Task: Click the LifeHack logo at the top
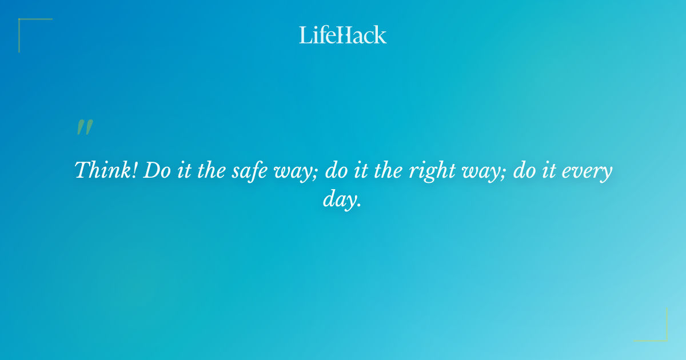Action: point(343,35)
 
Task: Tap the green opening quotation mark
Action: point(84,128)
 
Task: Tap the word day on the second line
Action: point(338,200)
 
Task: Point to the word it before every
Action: point(550,170)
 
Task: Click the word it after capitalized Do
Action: point(182,170)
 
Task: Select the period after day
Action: point(360,205)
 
